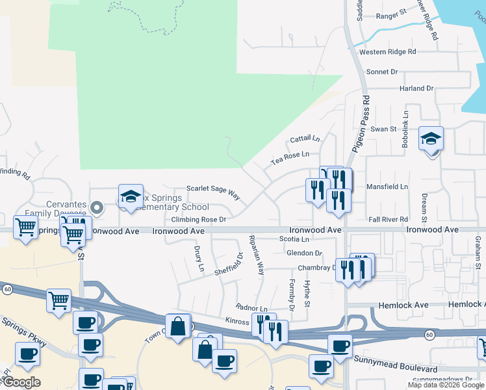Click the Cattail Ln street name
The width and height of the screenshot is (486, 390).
(x=305, y=139)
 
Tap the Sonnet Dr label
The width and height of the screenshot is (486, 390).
(x=382, y=71)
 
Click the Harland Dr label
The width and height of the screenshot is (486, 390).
(x=416, y=88)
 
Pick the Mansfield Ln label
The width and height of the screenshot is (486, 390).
(x=387, y=187)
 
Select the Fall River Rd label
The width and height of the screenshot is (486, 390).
(x=389, y=220)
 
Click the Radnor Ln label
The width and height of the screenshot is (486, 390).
(x=252, y=308)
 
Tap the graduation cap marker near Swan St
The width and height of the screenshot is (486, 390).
(x=431, y=139)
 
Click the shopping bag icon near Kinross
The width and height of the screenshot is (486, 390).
(x=177, y=326)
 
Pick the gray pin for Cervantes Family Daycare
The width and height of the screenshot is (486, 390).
(x=97, y=208)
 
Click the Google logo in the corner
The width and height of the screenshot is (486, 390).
(x=21, y=382)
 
